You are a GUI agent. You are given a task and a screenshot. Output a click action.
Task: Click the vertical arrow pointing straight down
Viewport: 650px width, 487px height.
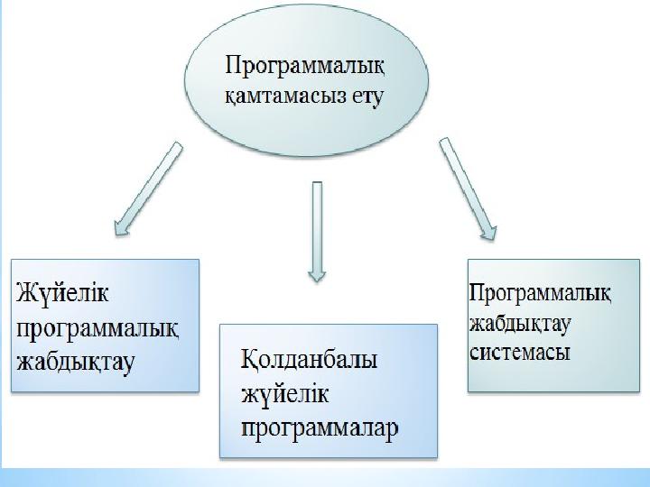tap(317, 231)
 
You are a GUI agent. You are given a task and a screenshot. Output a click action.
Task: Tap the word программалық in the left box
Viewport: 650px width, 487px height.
tap(98, 328)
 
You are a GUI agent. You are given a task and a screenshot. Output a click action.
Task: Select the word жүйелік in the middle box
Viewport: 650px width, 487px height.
tap(285, 393)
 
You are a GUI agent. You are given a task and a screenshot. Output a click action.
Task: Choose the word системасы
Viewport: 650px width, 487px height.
tap(520, 353)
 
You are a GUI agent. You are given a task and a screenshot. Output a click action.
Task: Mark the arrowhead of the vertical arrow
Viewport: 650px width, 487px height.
tap(317, 273)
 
